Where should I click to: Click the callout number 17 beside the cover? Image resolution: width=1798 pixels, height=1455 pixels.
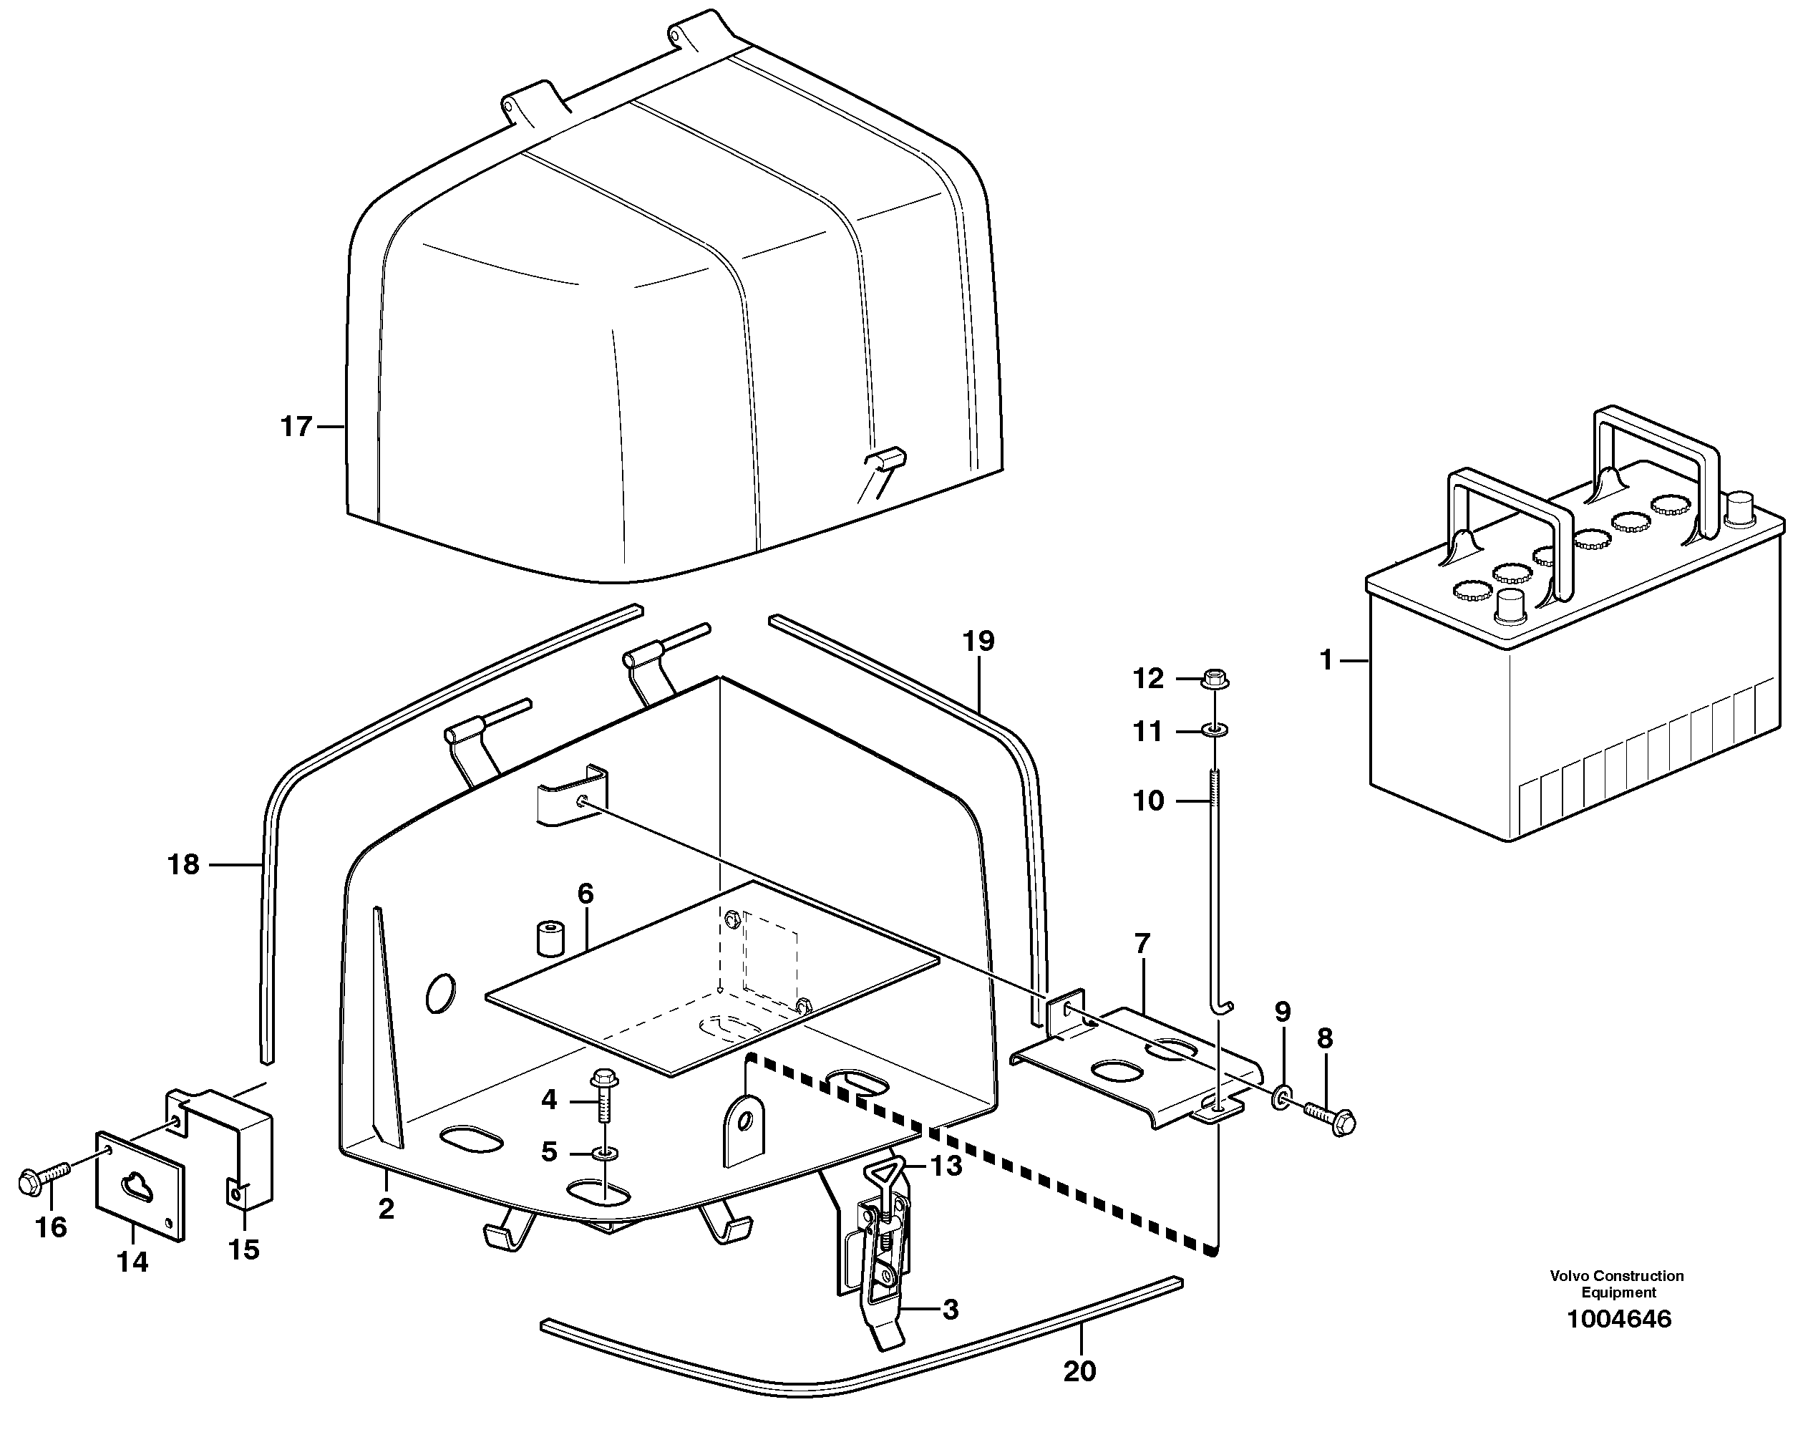click(x=296, y=427)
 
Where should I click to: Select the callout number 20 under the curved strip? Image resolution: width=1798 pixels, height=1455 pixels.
click(x=1079, y=1371)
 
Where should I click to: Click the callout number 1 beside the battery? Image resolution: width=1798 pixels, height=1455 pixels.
click(x=1326, y=660)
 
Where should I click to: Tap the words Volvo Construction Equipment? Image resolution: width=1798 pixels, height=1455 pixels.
click(x=1616, y=1284)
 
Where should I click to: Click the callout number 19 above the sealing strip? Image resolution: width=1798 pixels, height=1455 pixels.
click(x=978, y=641)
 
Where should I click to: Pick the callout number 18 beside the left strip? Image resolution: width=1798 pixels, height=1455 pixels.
click(x=183, y=864)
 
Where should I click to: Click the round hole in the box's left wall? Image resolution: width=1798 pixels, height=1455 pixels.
click(x=441, y=993)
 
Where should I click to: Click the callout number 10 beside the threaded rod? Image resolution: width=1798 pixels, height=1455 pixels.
click(x=1148, y=801)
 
